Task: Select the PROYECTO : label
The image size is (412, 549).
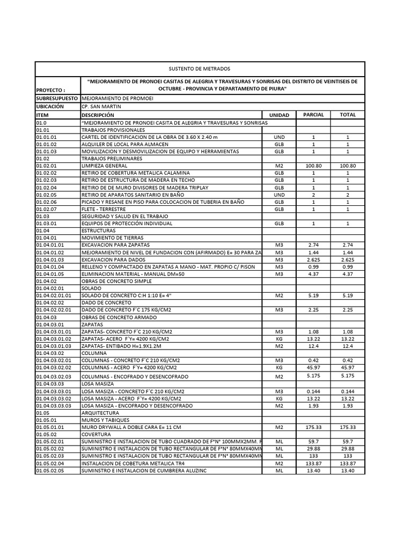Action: [x=50, y=91]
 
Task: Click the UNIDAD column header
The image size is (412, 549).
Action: [x=279, y=115]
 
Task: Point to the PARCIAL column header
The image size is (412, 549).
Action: [x=313, y=115]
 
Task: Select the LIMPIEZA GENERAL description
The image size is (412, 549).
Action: [x=104, y=166]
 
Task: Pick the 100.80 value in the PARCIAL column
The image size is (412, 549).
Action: [x=313, y=166]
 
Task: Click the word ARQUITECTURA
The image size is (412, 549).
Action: [x=100, y=413]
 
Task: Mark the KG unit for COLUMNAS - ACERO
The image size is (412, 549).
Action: [x=279, y=368]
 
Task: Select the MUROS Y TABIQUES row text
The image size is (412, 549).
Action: [x=102, y=420]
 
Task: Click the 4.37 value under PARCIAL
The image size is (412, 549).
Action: [x=313, y=274]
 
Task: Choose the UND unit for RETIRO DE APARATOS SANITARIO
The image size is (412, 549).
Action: [x=279, y=195]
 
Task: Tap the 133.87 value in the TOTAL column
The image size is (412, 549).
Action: [x=348, y=463]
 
